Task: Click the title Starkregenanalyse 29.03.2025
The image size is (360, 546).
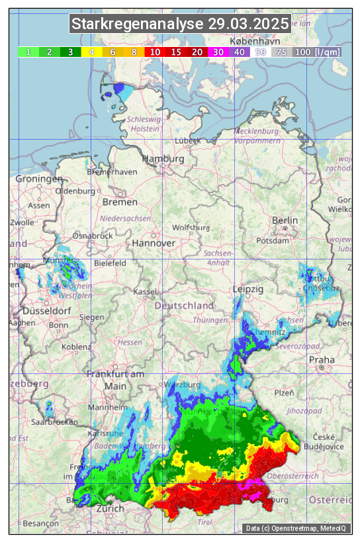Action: (180, 24)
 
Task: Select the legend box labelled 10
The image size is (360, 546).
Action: (155, 52)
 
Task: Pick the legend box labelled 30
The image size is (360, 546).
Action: (218, 52)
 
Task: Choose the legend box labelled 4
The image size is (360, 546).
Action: (92, 52)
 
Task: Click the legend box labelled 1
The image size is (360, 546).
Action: (28, 52)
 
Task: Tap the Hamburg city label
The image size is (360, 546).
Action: (163, 159)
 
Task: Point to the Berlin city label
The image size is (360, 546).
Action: (285, 220)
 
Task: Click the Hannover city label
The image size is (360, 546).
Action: (154, 244)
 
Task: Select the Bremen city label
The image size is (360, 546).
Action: (120, 202)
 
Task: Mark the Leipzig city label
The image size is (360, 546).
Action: (248, 289)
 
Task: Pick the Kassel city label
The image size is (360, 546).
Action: (144, 292)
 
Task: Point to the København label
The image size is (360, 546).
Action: (251, 40)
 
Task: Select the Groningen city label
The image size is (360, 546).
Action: (39, 179)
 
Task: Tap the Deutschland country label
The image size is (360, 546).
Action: (184, 306)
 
